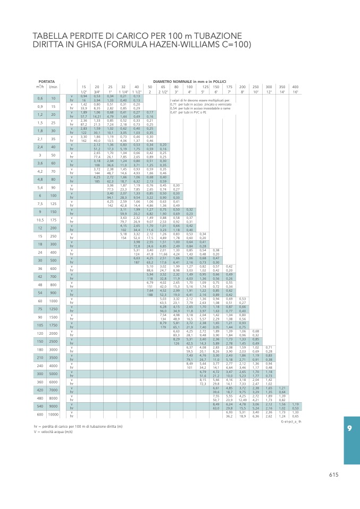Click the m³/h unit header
40,87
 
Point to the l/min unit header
53,87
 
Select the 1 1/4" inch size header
123,92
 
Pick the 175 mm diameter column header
229,87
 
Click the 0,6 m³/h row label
40,98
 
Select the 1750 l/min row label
53,324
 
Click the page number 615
333,475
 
